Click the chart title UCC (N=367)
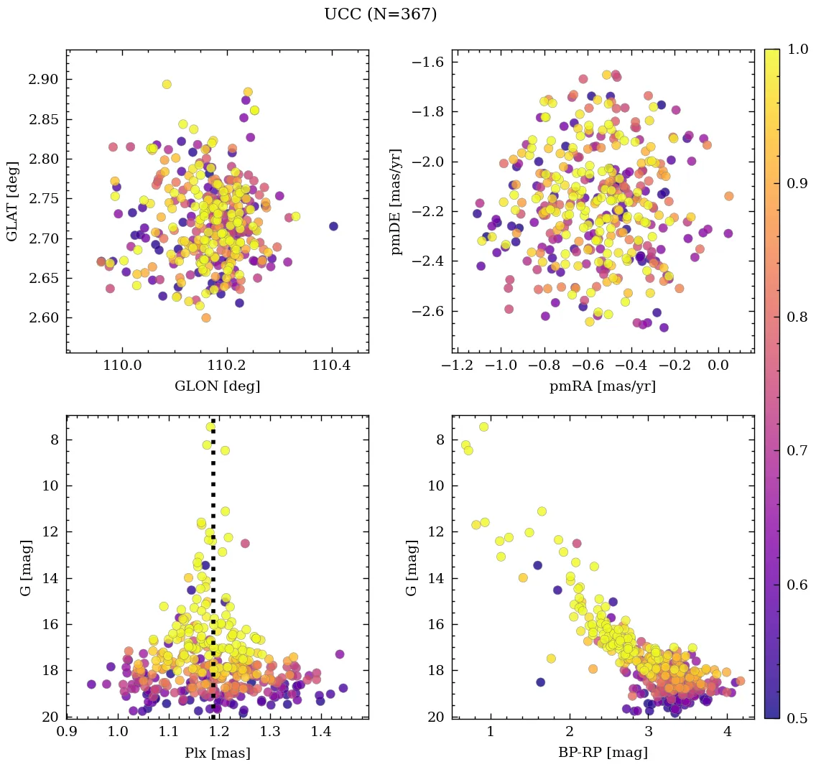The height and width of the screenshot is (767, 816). (x=380, y=14)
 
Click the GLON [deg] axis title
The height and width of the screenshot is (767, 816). (x=217, y=386)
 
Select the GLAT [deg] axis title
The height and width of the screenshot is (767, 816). (x=13, y=201)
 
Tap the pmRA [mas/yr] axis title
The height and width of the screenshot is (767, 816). (x=603, y=386)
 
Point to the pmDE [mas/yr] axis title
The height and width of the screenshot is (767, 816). (x=396, y=201)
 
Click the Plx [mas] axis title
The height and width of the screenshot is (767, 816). (x=217, y=753)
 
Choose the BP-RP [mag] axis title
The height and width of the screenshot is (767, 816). (x=603, y=753)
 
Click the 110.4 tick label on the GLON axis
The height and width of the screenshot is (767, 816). (x=332, y=366)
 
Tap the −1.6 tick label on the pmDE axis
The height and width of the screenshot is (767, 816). (x=429, y=62)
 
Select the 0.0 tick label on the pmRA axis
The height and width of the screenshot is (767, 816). (x=718, y=366)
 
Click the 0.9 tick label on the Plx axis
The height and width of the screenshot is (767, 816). (x=67, y=733)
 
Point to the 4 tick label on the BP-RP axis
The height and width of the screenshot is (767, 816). (x=727, y=733)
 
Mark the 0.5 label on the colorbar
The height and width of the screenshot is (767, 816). (x=796, y=718)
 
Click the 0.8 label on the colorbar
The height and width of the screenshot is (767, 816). (x=796, y=317)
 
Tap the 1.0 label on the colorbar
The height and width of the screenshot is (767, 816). (x=796, y=50)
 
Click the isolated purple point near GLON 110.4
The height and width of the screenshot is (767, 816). (x=333, y=226)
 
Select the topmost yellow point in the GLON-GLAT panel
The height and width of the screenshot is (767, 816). (x=167, y=84)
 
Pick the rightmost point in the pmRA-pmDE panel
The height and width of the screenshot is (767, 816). (x=728, y=196)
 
